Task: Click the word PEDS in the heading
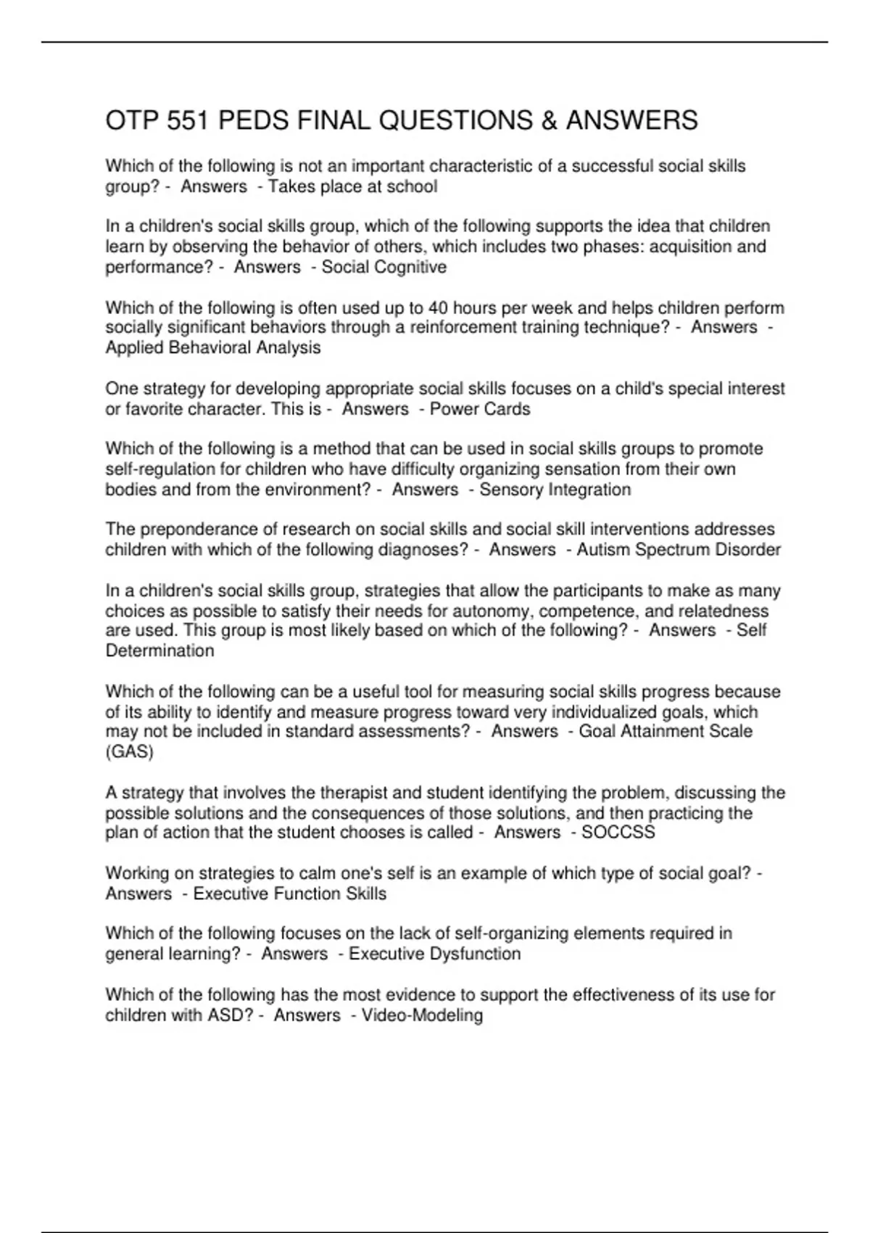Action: (x=251, y=120)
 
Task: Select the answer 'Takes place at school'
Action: (x=353, y=187)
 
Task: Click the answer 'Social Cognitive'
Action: (x=384, y=267)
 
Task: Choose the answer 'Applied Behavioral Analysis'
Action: (x=213, y=347)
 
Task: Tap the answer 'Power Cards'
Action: (x=480, y=409)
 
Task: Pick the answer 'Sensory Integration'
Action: (x=555, y=490)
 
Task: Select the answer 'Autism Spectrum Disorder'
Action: (x=679, y=550)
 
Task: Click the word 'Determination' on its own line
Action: (x=159, y=651)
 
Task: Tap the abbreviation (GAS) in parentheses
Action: (x=130, y=751)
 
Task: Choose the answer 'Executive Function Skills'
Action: (x=290, y=894)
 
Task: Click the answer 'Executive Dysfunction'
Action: (x=435, y=954)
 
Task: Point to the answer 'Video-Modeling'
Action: (x=422, y=1015)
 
